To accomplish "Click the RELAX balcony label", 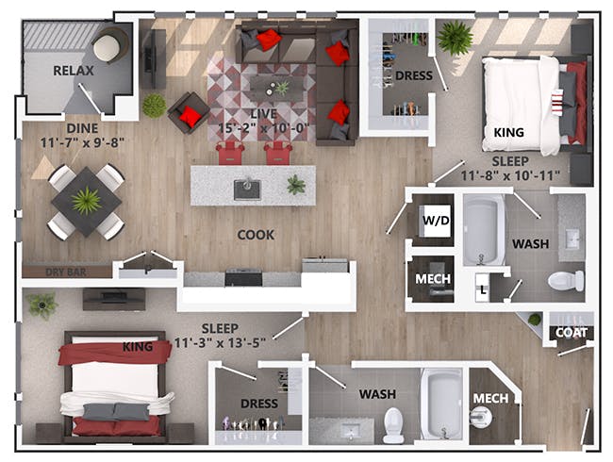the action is (x=74, y=71).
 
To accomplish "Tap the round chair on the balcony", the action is (x=109, y=45).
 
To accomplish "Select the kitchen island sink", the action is (x=247, y=190).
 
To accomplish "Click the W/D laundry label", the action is (x=436, y=221).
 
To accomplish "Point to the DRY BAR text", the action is (x=66, y=272).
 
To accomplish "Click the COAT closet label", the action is (x=572, y=333).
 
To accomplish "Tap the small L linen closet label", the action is (x=484, y=290).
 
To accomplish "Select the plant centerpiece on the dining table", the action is (x=87, y=201).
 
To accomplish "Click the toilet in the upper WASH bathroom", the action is (x=566, y=281).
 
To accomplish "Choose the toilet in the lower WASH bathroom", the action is (x=393, y=425).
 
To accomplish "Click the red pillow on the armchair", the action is (x=191, y=116).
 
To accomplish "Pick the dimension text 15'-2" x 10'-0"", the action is (x=264, y=128).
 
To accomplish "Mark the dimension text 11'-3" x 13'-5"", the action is (x=220, y=343).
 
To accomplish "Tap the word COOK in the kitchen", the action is (x=257, y=235).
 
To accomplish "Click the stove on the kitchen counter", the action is (x=243, y=277).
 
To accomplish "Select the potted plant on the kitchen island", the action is (x=296, y=185).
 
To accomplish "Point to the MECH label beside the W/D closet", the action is (x=433, y=279).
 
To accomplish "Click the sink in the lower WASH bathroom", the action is (x=350, y=432).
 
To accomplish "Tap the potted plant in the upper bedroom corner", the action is (x=456, y=38).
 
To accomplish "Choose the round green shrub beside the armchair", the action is (x=154, y=106).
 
